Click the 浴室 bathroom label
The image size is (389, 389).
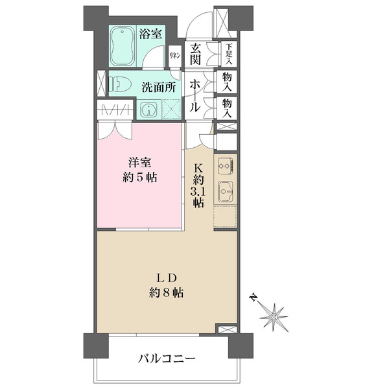[150, 34]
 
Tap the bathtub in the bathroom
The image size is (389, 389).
[123, 46]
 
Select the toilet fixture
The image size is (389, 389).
[120, 84]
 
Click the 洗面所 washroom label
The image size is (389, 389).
[159, 87]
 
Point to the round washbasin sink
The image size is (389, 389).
[148, 110]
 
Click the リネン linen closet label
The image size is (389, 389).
[174, 56]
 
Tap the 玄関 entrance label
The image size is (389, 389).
[195, 54]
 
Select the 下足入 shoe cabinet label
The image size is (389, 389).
[229, 54]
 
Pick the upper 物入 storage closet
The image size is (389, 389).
[227, 82]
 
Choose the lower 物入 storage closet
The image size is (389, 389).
[227, 108]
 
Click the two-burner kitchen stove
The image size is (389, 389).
[225, 166]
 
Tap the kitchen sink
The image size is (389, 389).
[226, 191]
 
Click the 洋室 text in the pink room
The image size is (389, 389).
[139, 163]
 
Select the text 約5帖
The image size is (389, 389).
[139, 178]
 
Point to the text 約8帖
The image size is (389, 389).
[166, 293]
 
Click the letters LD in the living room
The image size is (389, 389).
[166, 278]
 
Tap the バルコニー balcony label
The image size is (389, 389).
[167, 359]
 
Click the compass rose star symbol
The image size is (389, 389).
[274, 317]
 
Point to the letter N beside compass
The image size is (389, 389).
[253, 298]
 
